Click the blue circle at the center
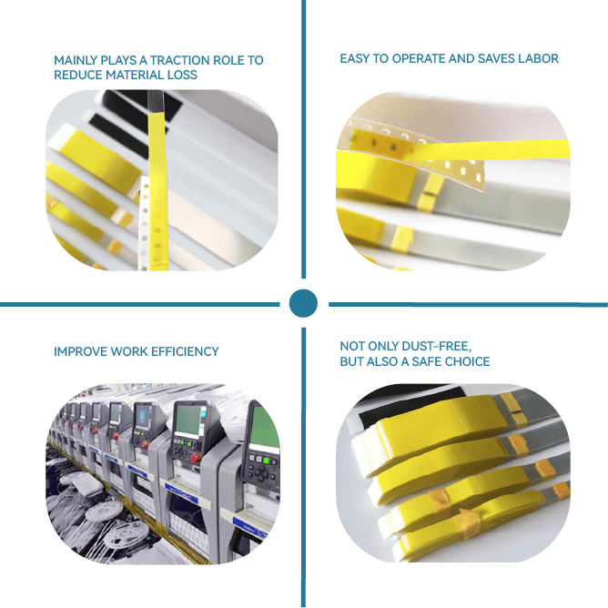pos(303,303)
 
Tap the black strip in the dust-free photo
pos(411,405)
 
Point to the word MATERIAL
pos(135,75)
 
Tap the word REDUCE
pos(78,75)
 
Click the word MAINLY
pos(76,60)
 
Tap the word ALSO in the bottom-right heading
pos(383,361)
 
